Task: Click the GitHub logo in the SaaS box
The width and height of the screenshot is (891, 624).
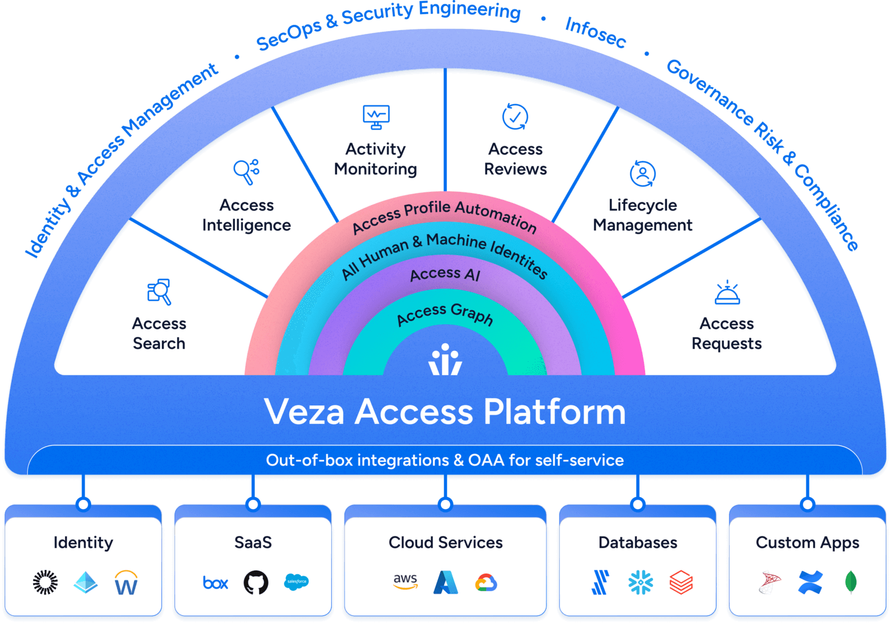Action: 256,582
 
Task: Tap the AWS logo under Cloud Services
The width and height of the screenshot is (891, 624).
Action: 405,582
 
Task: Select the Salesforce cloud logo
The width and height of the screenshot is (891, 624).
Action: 296,582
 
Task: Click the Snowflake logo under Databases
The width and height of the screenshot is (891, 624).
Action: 640,582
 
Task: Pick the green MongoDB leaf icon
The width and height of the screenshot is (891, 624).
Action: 850,582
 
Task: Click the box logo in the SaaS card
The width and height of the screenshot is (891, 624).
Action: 216,583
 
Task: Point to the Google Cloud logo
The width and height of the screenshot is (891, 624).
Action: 486,583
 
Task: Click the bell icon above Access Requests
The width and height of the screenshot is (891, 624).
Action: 727,293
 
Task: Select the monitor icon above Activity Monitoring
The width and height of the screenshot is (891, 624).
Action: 376,117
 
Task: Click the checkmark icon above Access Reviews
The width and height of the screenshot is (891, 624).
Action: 515,117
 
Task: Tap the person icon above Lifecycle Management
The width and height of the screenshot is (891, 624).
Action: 642,173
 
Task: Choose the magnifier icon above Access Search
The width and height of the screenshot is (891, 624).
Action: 159,291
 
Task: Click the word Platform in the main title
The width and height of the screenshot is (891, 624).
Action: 555,412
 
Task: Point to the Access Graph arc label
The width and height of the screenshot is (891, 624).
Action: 445,314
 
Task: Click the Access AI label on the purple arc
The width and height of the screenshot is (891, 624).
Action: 445,274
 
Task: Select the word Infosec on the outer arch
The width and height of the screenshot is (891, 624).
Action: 595,32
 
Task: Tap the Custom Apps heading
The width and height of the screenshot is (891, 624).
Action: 807,543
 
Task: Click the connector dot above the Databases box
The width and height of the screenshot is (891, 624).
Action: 638,505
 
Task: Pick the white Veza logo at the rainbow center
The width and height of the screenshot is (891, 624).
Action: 445,360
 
